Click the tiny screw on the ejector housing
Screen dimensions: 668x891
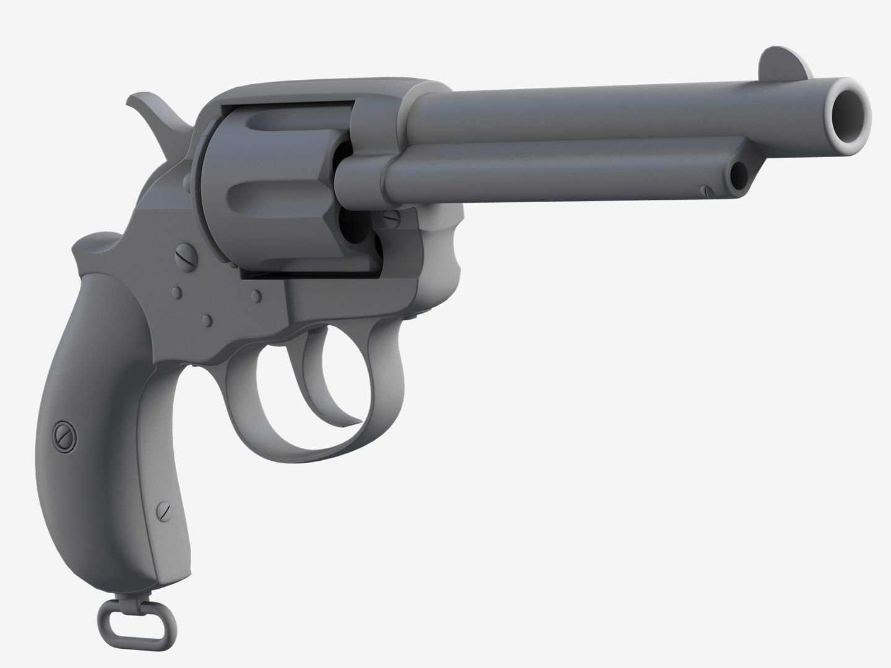[705, 191]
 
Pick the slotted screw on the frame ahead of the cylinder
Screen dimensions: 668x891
[390, 217]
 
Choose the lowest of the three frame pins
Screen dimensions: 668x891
[207, 320]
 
